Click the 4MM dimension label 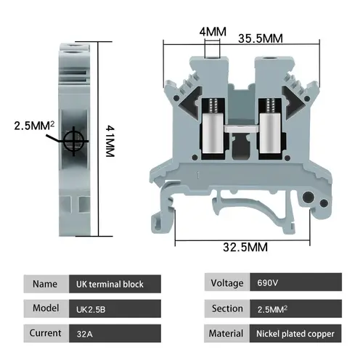(x=212, y=32)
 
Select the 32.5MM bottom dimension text (x=244, y=248)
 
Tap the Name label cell (x=45, y=283)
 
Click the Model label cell (x=45, y=308)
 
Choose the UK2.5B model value (x=90, y=308)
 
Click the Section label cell (x=227, y=308)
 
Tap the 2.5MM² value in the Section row (x=273, y=308)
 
